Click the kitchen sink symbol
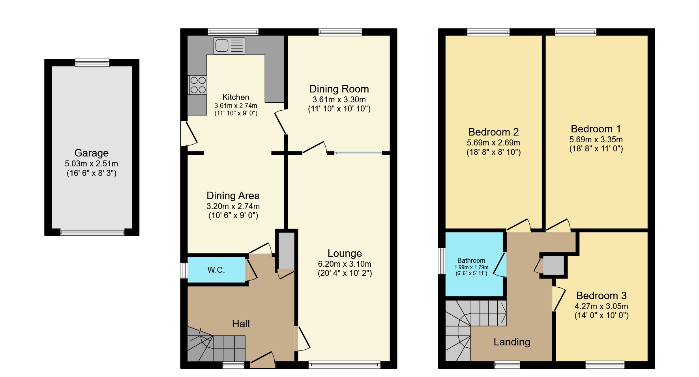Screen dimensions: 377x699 [229, 46]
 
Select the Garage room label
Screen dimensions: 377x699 [91, 153]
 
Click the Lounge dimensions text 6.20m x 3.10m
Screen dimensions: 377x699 [345, 264]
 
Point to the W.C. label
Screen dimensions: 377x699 [216, 270]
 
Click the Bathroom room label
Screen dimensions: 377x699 [471, 260]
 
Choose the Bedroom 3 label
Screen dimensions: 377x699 [601, 296]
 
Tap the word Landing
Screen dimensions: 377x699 [512, 342]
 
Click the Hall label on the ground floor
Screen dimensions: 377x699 [241, 324]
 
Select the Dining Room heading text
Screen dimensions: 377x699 [339, 89]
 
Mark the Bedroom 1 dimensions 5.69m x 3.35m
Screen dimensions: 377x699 [596, 139]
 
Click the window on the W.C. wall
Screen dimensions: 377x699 [184, 271]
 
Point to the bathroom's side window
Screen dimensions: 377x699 [442, 261]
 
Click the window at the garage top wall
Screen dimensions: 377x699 [92, 62]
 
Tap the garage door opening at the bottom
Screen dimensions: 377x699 [92, 232]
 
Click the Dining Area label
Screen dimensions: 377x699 [233, 196]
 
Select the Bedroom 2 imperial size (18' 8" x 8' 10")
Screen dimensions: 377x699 [493, 152]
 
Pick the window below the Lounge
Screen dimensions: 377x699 [344, 365]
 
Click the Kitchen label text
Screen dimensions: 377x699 [236, 97]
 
